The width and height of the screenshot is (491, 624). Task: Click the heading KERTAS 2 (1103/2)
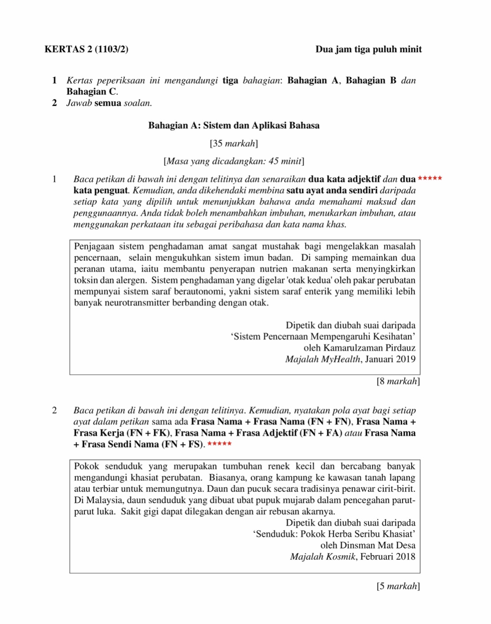click(86, 49)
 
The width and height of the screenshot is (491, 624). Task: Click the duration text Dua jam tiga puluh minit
click(368, 49)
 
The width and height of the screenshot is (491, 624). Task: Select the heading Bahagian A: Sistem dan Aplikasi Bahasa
click(234, 125)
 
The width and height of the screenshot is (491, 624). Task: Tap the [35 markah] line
click(234, 143)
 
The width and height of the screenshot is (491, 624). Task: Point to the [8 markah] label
click(398, 381)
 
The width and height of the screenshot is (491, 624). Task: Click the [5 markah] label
click(398, 586)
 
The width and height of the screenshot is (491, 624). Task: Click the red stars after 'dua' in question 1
click(430, 178)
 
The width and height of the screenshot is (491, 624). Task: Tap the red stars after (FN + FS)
click(220, 444)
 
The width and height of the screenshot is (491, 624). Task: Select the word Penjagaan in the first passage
click(94, 246)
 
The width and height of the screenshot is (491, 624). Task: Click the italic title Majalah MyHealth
click(323, 359)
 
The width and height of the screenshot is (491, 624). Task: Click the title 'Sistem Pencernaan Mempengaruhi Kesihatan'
click(323, 336)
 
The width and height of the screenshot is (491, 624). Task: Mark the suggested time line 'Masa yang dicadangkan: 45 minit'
click(234, 161)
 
